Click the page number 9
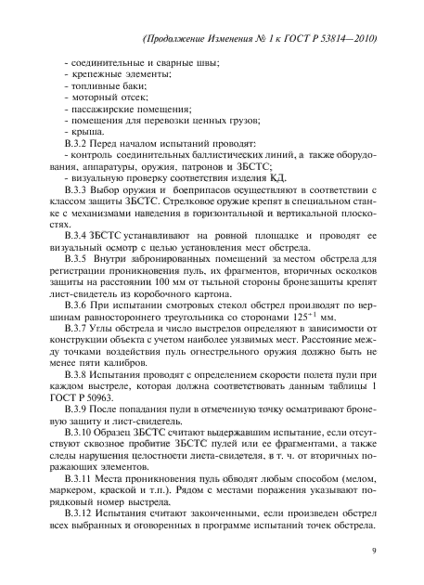click(371, 551)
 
